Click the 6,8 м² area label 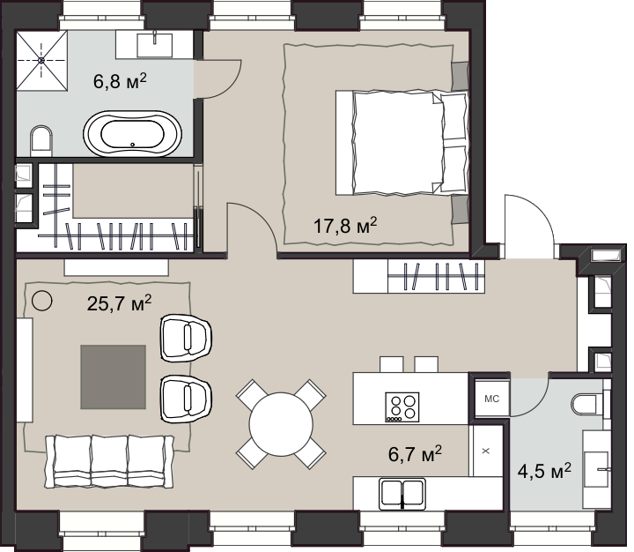pyautogui.click(x=120, y=81)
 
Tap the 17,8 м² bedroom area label pyautogui.click(x=345, y=225)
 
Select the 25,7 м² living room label pyautogui.click(x=119, y=303)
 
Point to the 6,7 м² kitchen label pyautogui.click(x=415, y=453)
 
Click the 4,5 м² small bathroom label pyautogui.click(x=544, y=472)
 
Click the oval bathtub pyautogui.click(x=133, y=134)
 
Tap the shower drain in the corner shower pyautogui.click(x=41, y=60)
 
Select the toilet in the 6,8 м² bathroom pyautogui.click(x=41, y=140)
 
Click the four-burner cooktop pyautogui.click(x=402, y=407)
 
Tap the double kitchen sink pyautogui.click(x=402, y=494)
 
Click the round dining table pyautogui.click(x=281, y=424)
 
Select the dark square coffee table pyautogui.click(x=114, y=377)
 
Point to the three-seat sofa pyautogui.click(x=109, y=462)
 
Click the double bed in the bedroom pyautogui.click(x=402, y=143)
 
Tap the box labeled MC pyautogui.click(x=491, y=399)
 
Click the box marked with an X pyautogui.click(x=486, y=451)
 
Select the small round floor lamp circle pyautogui.click(x=41, y=301)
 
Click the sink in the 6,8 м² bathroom pyautogui.click(x=154, y=45)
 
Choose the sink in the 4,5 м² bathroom pyautogui.click(x=596, y=469)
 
